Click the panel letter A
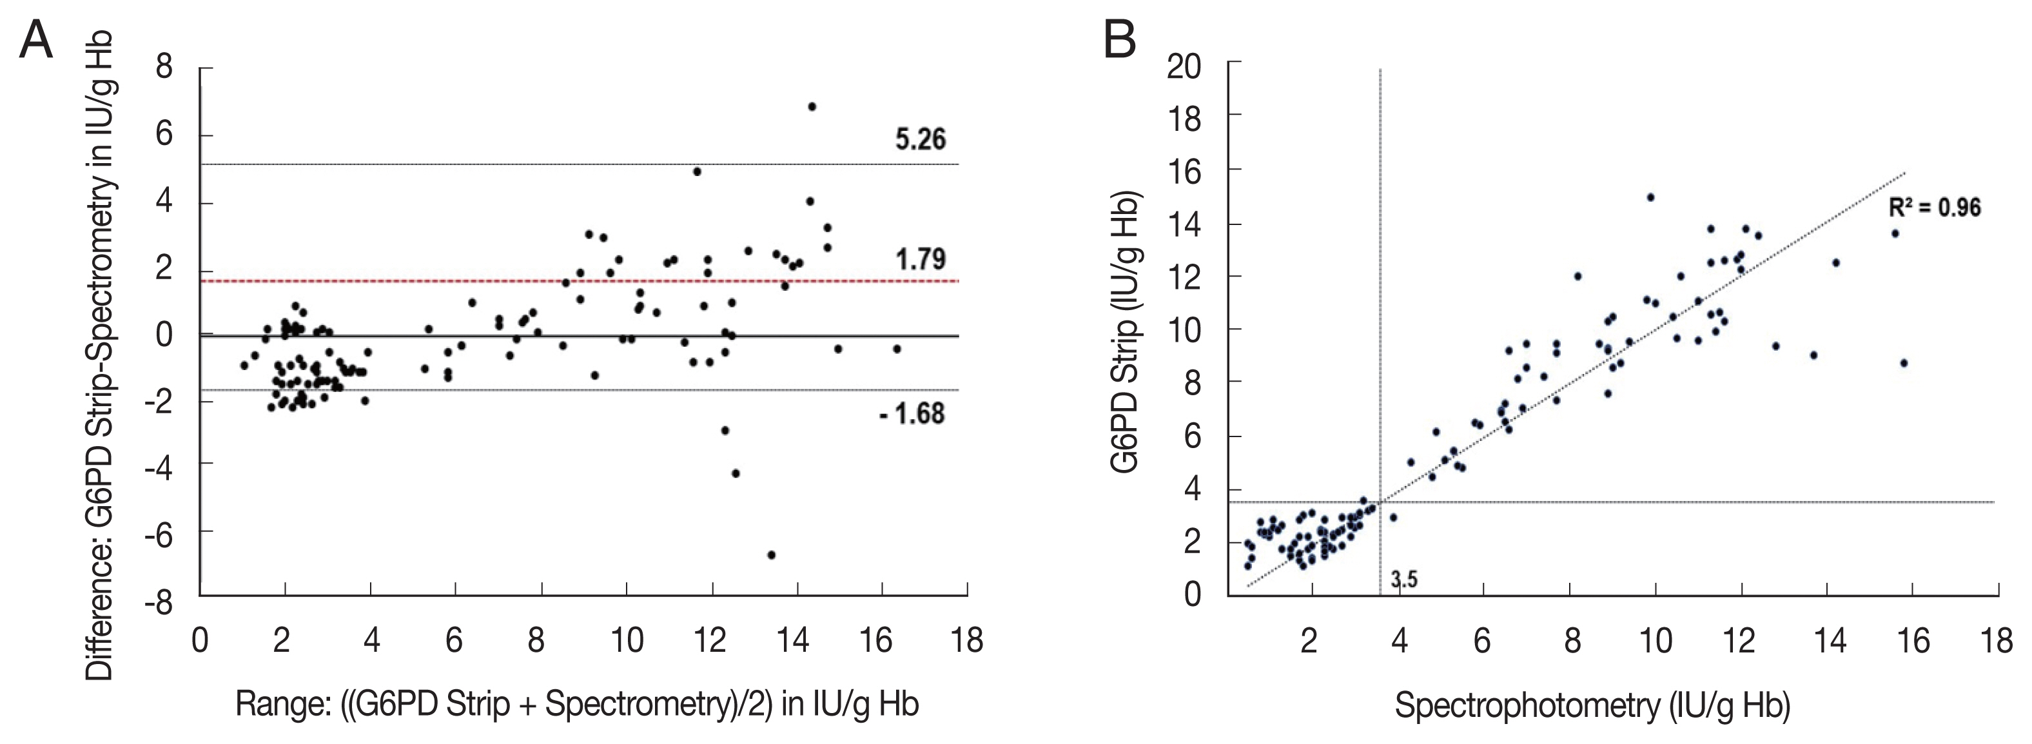pos(35,39)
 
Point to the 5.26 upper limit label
pos(920,140)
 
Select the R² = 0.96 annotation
pos(1934,208)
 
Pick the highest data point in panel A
pos(812,106)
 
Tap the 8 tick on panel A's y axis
pos(164,68)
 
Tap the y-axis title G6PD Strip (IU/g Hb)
pos(1125,331)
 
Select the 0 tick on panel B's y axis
pos(1192,593)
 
